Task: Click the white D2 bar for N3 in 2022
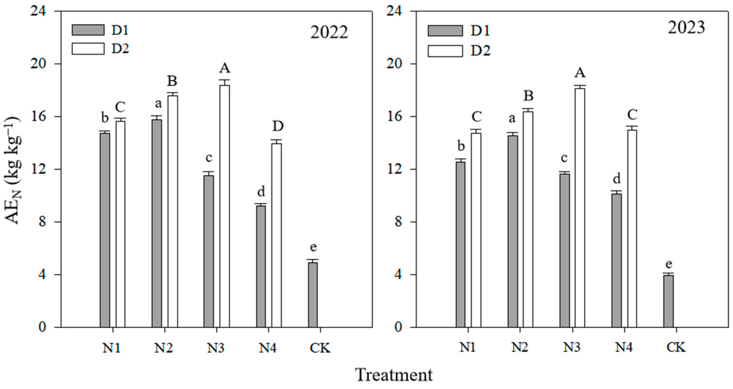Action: [x=225, y=206]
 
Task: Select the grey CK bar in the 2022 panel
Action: [x=313, y=295]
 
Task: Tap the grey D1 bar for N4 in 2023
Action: [x=617, y=260]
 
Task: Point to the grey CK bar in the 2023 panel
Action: [x=669, y=301]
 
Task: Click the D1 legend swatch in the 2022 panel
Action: [x=88, y=30]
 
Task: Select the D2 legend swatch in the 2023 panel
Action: [x=445, y=51]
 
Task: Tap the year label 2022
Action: [x=329, y=33]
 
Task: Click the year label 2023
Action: [x=686, y=28]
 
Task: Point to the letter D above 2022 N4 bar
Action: [x=278, y=126]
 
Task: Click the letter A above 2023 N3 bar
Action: [x=580, y=73]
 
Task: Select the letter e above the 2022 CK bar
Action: [x=313, y=247]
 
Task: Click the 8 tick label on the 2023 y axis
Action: [x=398, y=222]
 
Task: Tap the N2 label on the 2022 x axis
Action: [x=164, y=348]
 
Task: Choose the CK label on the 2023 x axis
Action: [x=676, y=348]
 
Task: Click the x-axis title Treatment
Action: [x=394, y=375]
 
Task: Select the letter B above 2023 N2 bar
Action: [x=528, y=96]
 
